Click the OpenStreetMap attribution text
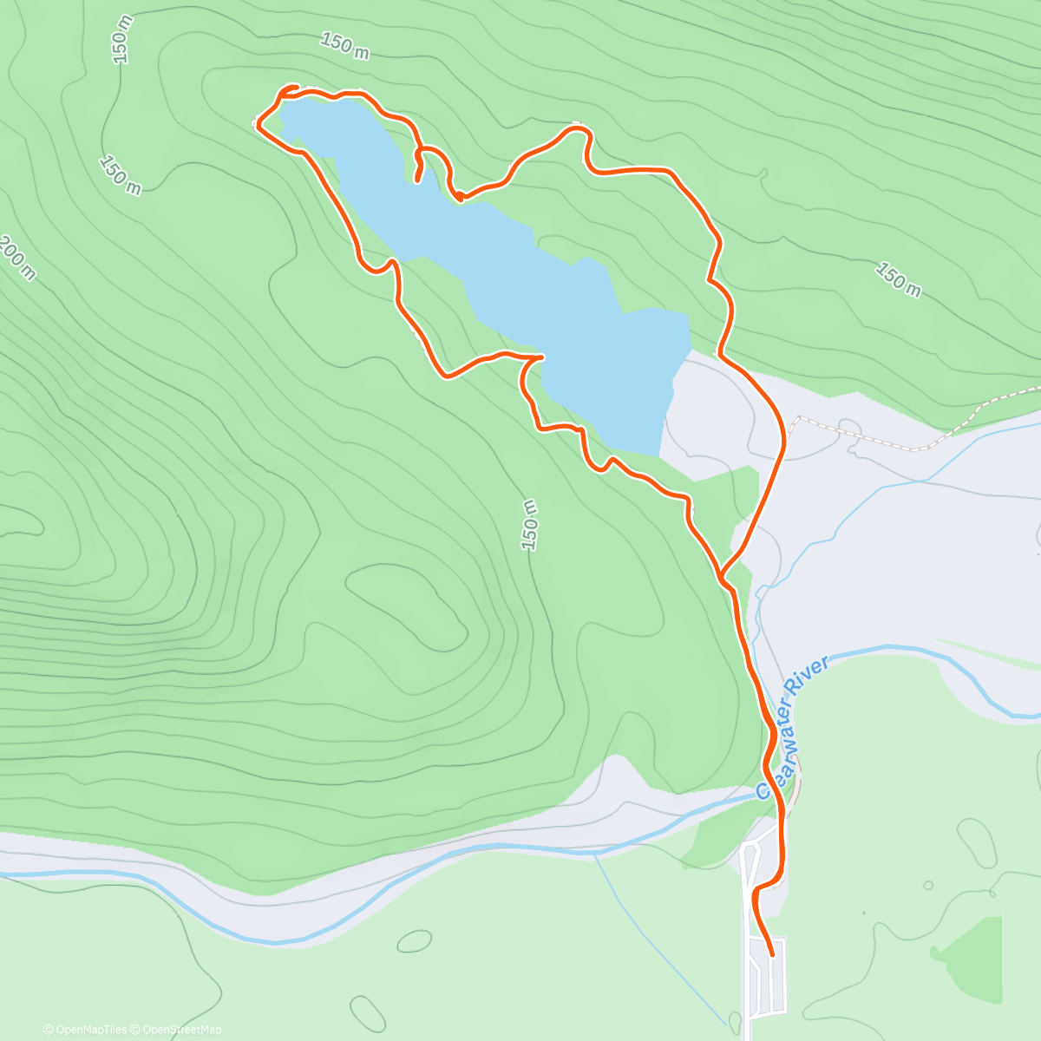(182, 1030)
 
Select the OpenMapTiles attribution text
(90, 1030)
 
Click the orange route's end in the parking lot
(772, 953)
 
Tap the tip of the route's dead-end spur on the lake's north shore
(417, 180)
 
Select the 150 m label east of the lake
(897, 279)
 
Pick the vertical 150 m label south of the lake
(529, 525)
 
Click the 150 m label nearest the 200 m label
(120, 173)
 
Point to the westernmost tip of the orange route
(258, 127)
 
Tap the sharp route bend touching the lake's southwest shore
(541, 357)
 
